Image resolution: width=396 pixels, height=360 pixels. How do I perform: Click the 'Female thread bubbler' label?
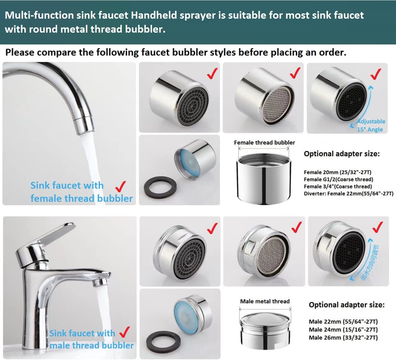(264, 143)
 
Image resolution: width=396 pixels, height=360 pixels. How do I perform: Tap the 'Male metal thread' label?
(265, 301)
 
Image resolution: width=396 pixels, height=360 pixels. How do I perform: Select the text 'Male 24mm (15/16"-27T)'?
(343, 330)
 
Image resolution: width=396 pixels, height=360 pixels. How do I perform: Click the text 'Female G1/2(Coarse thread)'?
(338, 179)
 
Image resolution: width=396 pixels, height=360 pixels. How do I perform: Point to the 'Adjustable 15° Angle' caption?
(371, 125)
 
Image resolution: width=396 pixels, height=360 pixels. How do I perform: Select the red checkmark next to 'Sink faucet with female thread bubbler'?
(120, 187)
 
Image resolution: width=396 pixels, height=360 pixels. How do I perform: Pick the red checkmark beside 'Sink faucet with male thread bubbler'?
(124, 332)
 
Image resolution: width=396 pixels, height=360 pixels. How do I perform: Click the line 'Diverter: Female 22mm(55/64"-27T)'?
(348, 194)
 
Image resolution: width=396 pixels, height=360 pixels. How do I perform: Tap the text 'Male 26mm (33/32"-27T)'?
(343, 338)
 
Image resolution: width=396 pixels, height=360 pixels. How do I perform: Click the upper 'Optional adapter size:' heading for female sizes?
(342, 154)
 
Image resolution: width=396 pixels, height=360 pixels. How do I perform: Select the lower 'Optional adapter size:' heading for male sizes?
(347, 305)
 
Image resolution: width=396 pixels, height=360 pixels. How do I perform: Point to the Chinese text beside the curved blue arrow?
(370, 263)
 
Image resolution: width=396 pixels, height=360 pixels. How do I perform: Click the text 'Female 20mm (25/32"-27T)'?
(338, 172)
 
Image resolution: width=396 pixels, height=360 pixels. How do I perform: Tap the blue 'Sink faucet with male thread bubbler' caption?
(91, 339)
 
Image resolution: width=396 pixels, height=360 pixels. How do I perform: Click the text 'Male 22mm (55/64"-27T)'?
(343, 321)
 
